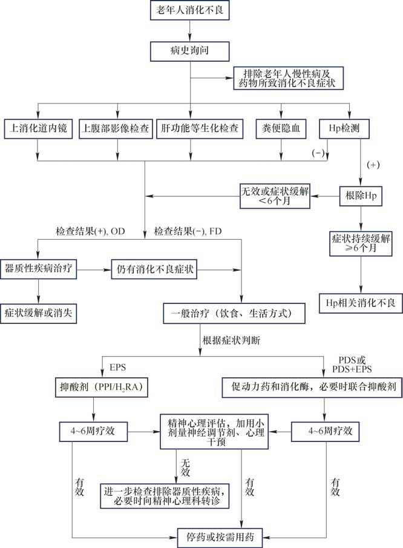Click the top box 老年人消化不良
(190, 10)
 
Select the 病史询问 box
(190, 50)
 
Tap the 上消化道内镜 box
(38, 128)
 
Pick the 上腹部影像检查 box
(115, 128)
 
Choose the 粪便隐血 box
(282, 128)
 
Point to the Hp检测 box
(349, 128)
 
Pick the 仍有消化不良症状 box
(156, 268)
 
